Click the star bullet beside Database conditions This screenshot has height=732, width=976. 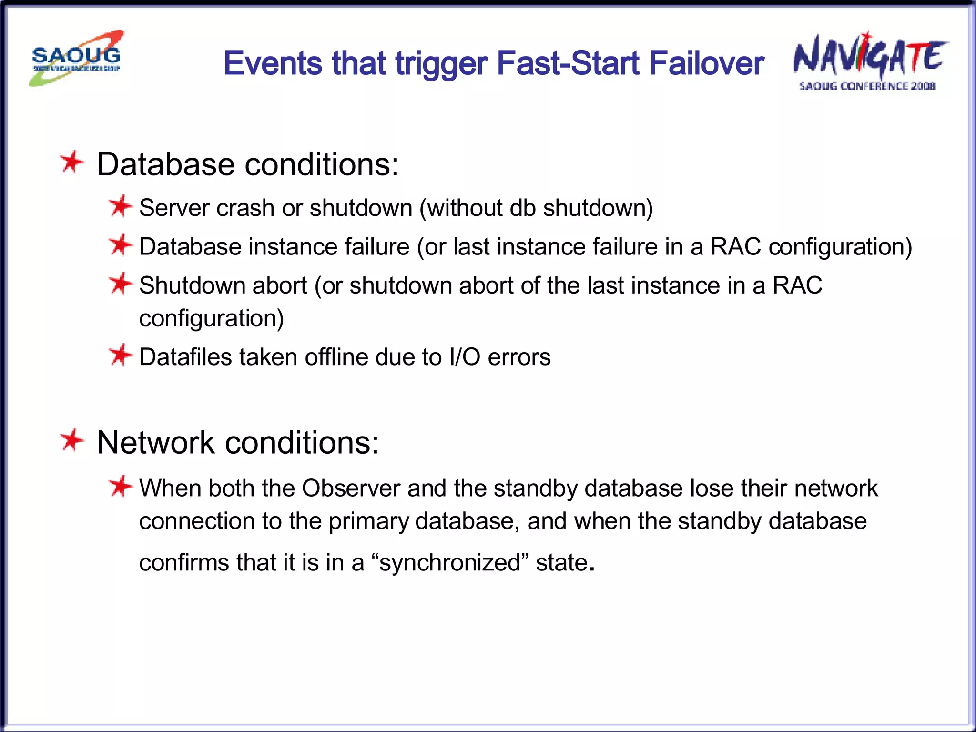point(72,163)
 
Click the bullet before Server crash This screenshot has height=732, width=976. point(120,206)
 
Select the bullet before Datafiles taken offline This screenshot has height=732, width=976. point(120,356)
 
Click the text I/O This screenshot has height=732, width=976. point(465,357)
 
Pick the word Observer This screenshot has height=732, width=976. point(351,488)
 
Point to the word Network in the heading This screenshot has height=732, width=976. point(156,442)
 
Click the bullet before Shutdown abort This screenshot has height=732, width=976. point(120,284)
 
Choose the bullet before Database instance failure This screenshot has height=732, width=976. point(120,245)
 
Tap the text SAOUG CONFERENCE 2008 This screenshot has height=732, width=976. point(867,86)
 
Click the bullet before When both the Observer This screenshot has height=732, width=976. point(120,487)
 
